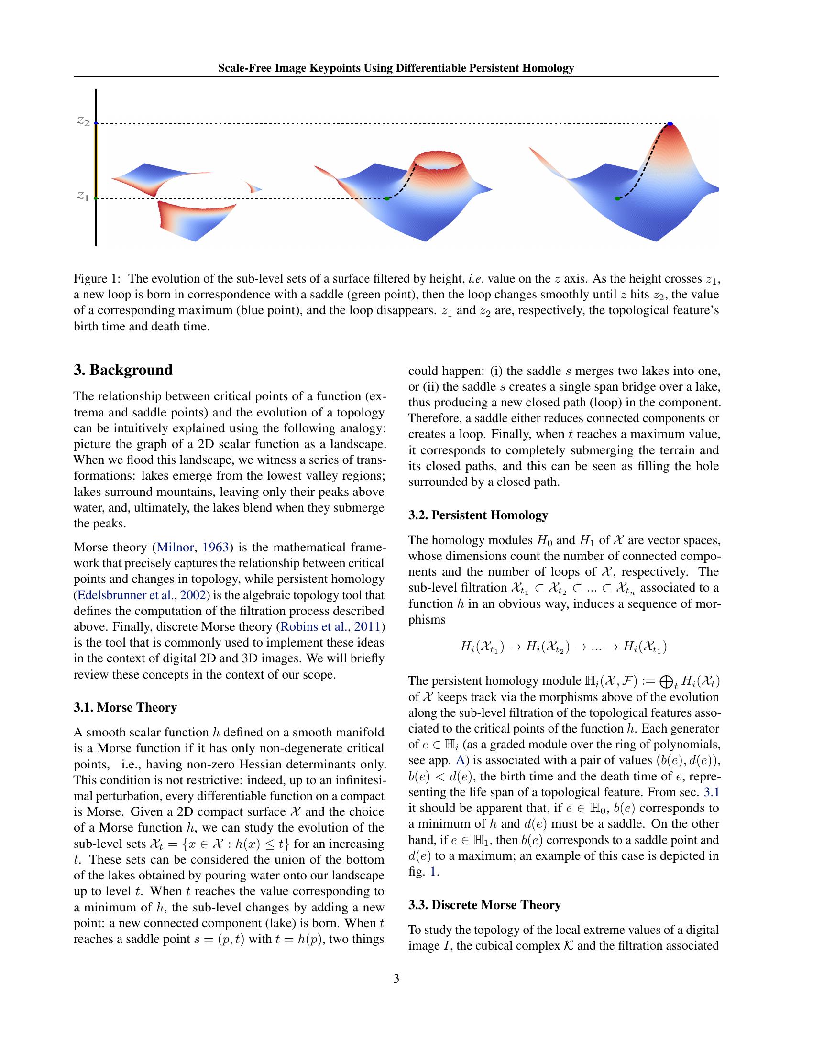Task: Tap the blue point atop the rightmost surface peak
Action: click(x=670, y=124)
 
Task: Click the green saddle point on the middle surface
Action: click(x=387, y=198)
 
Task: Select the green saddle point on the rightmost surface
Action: click(x=617, y=198)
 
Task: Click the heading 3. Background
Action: click(x=123, y=370)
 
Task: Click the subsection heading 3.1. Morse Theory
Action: click(x=125, y=707)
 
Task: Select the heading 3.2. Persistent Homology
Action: click(x=478, y=515)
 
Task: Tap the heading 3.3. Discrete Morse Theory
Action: click(x=484, y=905)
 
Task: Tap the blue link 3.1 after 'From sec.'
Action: click(x=711, y=792)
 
